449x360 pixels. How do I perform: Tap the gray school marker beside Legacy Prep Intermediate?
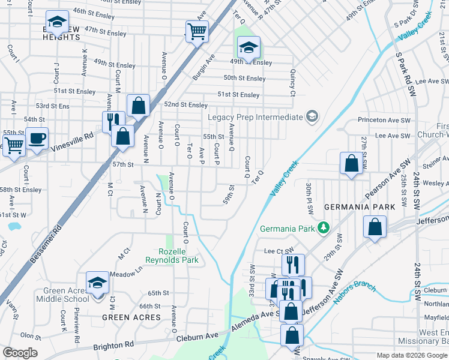(x=312, y=116)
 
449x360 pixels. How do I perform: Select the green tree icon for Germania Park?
(x=324, y=227)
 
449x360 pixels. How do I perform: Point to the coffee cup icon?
(x=37, y=139)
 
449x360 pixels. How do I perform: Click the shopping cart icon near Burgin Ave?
(x=197, y=31)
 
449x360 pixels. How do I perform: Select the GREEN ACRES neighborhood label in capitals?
(x=131, y=317)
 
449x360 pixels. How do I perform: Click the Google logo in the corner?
(x=20, y=353)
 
